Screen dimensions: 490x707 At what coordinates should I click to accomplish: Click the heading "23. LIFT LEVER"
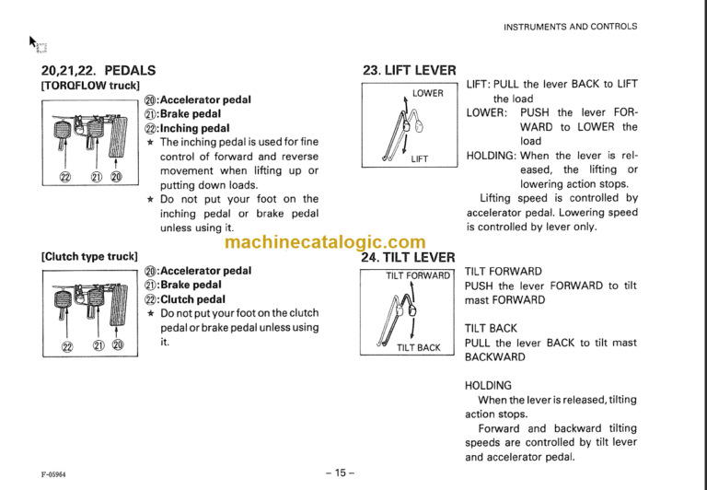tap(410, 70)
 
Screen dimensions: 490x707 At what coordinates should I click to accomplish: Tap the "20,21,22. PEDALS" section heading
tap(99, 70)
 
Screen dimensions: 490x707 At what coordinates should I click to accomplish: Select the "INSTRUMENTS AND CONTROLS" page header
tap(570, 27)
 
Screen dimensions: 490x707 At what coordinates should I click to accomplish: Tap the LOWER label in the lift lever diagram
tap(427, 94)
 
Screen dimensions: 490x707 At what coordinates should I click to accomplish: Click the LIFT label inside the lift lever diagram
tap(420, 158)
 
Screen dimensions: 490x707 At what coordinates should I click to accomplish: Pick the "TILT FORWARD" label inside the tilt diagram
tap(418, 275)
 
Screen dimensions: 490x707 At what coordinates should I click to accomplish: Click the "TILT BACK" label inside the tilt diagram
tap(419, 347)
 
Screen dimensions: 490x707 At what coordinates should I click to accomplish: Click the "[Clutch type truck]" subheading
tap(89, 256)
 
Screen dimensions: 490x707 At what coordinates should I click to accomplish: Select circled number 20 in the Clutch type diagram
tap(117, 346)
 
